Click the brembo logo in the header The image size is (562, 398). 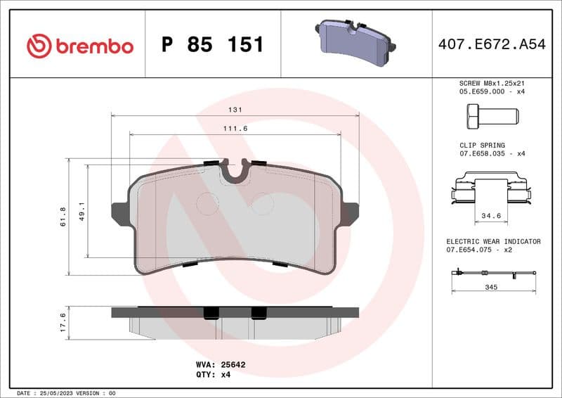pyautogui.click(x=79, y=46)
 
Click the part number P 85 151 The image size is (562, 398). pyautogui.click(x=212, y=45)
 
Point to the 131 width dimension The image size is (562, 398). pyautogui.click(x=236, y=110)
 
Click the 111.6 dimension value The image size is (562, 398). pyautogui.click(x=235, y=129)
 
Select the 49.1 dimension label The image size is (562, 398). pyautogui.click(x=81, y=212)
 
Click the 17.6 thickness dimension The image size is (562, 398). pyautogui.click(x=63, y=323)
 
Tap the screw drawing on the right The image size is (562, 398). pyautogui.click(x=491, y=114)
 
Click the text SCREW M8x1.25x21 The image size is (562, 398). pyautogui.click(x=491, y=83)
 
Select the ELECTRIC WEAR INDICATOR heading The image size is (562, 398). pyautogui.click(x=493, y=241)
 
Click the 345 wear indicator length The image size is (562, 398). pyautogui.click(x=491, y=288)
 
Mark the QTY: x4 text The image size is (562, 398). pyautogui.click(x=213, y=375)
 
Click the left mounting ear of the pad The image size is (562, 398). pyautogui.click(x=120, y=212)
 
